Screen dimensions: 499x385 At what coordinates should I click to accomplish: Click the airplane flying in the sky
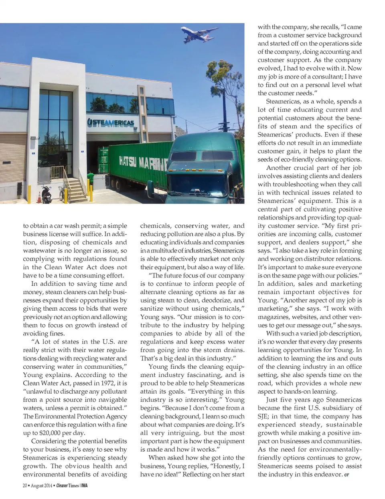click(x=199, y=34)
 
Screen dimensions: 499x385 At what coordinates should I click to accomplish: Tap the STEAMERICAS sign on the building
click(x=111, y=122)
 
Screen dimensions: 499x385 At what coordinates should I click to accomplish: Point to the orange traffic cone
click(x=39, y=197)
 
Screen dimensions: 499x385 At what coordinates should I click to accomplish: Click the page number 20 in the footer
click(x=25, y=486)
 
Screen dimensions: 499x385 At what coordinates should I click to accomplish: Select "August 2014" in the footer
click(x=42, y=486)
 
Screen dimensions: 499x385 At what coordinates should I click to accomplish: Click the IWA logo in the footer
click(x=84, y=486)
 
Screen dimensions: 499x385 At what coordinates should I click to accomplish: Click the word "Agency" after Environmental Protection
click(x=116, y=416)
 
